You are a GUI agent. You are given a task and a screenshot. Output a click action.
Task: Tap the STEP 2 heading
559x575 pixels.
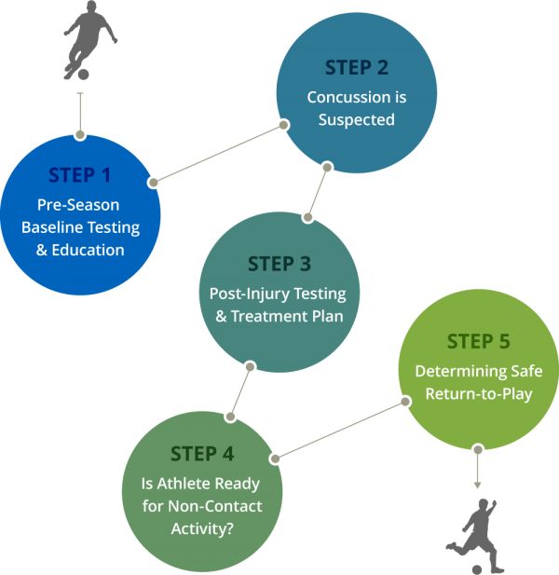357,68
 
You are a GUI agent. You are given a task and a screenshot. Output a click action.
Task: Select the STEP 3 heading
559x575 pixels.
279,265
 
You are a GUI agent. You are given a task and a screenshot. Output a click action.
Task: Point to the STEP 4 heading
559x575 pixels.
202,454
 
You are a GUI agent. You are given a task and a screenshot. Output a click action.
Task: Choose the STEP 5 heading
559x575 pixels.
478,341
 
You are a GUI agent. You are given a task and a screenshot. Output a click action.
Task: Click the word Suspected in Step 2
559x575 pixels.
357,119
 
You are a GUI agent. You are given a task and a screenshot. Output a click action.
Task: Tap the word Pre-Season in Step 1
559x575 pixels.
78,205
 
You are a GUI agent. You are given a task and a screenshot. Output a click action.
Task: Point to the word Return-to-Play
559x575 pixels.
479,393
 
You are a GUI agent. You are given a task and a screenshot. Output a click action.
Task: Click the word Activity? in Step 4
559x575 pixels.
202,528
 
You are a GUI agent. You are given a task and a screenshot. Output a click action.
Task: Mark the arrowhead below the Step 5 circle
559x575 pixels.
478,484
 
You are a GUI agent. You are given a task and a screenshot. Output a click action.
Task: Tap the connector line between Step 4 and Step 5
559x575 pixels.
340,430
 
